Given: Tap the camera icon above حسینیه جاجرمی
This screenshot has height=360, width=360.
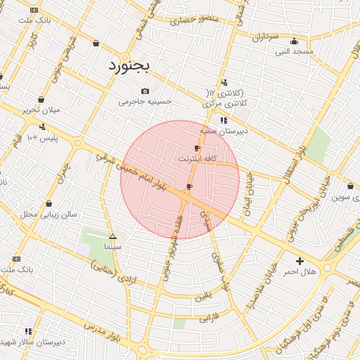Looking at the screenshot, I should [x=146, y=91].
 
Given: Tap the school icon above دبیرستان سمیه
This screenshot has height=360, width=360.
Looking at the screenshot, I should [x=224, y=120].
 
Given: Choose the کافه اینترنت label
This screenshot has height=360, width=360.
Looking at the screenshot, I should [x=194, y=159].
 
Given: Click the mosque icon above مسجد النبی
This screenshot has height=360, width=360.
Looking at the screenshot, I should [x=294, y=41].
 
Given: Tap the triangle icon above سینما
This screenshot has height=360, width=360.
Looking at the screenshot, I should [x=112, y=236].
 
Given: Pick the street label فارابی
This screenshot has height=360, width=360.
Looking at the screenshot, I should [x=210, y=318].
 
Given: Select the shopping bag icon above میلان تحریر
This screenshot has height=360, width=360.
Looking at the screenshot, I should [x=41, y=99].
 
